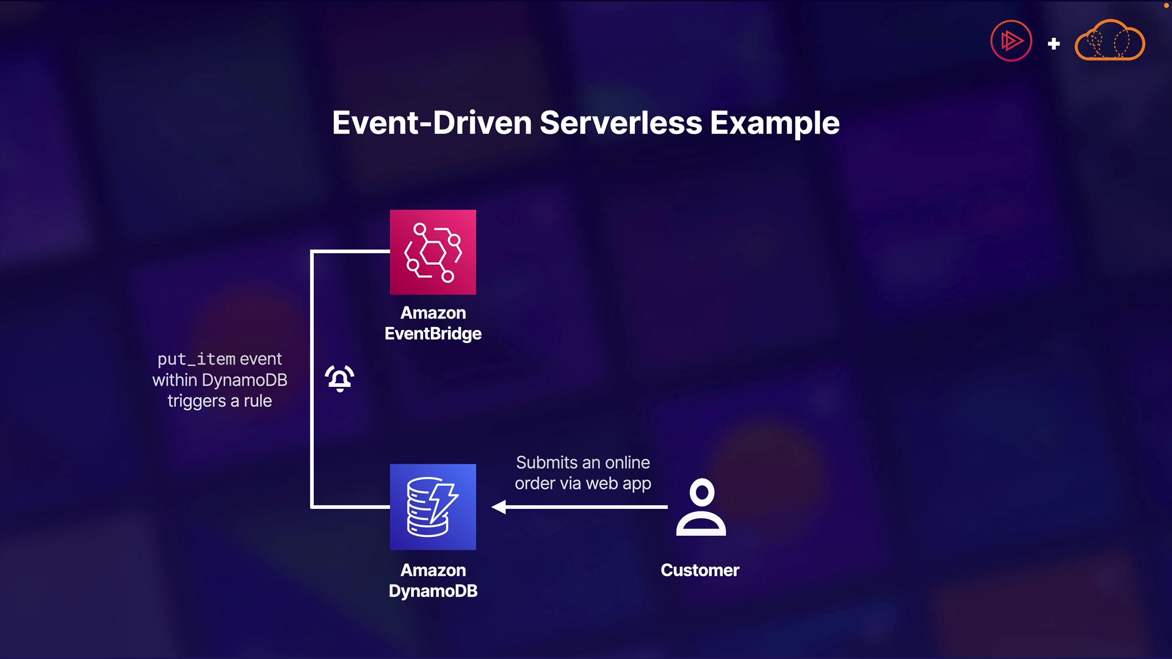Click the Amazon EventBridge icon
433,252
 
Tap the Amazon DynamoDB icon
433,506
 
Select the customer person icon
701,507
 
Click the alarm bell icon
339,378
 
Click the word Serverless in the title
621,123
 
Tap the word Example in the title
775,123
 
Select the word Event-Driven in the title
432,123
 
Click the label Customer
700,570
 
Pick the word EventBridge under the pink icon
433,334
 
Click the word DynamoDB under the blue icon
433,591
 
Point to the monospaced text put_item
196,359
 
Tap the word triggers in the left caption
197,401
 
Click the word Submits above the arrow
547,463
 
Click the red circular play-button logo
1011,41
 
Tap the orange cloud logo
1110,41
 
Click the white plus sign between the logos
1054,44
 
